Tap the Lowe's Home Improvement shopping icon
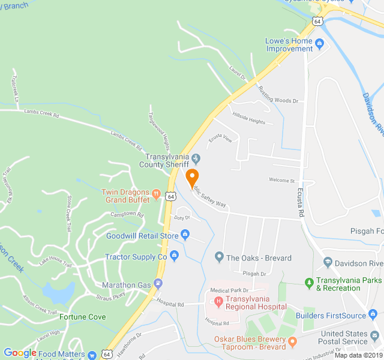[x=320, y=43]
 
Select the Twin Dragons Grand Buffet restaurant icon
[x=156, y=193]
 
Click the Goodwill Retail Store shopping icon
[x=185, y=235]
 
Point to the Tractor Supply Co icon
[x=174, y=256]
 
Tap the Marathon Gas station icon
[x=158, y=283]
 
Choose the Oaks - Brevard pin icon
[x=219, y=257]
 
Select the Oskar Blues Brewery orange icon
[x=292, y=343]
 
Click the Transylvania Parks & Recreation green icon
[x=309, y=281]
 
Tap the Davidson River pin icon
[x=328, y=262]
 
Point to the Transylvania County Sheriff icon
[x=197, y=158]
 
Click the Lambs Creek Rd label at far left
[x=41, y=112]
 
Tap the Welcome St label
[x=282, y=180]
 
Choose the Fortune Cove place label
[x=83, y=317]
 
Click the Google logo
[x=20, y=353]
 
